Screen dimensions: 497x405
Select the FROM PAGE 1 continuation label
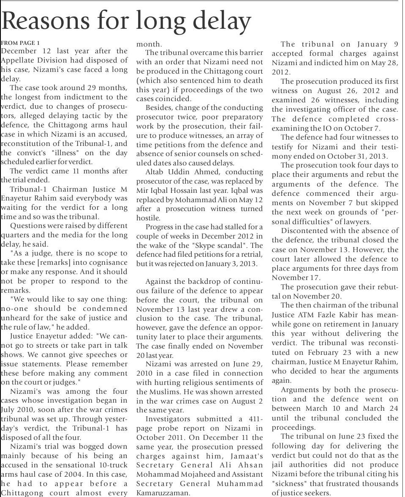20,43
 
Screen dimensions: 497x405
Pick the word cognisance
106,263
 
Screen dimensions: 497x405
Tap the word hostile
148,218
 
